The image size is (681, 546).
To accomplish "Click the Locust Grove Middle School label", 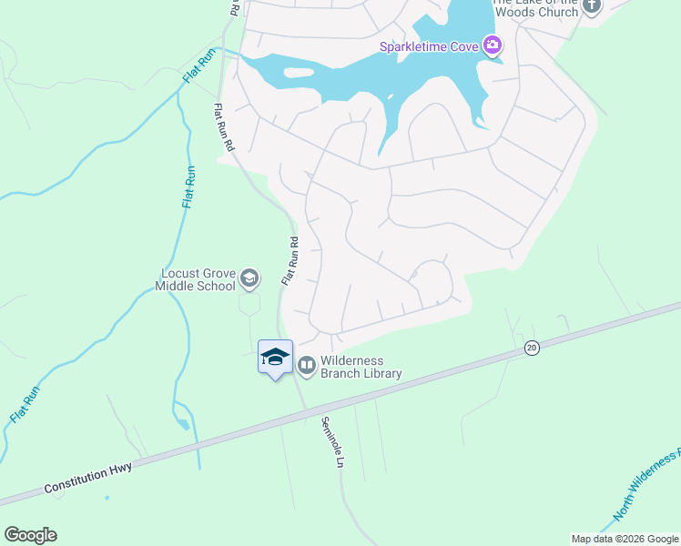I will coord(197,279).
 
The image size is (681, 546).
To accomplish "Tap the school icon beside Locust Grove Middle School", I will coord(251,279).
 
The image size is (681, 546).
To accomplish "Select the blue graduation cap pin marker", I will coord(275,358).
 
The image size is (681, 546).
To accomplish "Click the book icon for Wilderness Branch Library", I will coord(306,366).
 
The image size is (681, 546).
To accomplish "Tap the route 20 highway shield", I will coord(532,347).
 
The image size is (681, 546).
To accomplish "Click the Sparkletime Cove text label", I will coord(429,45).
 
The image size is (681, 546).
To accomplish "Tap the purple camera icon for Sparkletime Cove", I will coord(493,45).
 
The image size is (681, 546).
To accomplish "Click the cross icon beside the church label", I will coord(593,6).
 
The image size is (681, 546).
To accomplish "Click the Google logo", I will coord(30,535).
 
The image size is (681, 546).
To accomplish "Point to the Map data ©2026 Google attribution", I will coord(625,539).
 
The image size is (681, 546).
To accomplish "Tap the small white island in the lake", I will coord(300,73).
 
